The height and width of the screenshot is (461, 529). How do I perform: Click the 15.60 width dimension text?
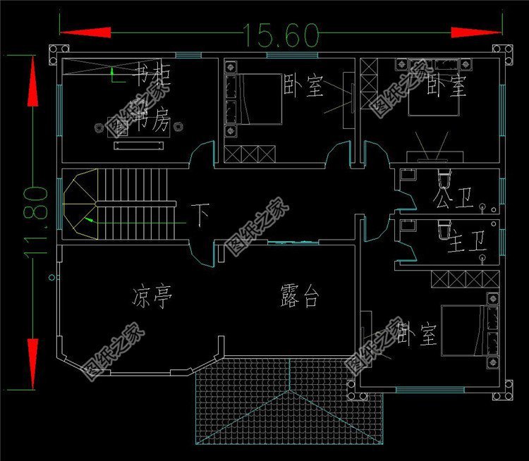tap(281, 33)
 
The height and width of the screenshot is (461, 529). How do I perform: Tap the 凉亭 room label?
tap(151, 295)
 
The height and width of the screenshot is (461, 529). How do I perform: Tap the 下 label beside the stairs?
tap(202, 214)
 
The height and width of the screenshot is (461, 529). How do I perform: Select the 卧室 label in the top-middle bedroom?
tap(303, 87)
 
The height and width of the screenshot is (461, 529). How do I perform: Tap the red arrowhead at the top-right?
tap(473, 32)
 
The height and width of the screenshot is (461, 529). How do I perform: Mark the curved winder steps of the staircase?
tap(80, 204)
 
